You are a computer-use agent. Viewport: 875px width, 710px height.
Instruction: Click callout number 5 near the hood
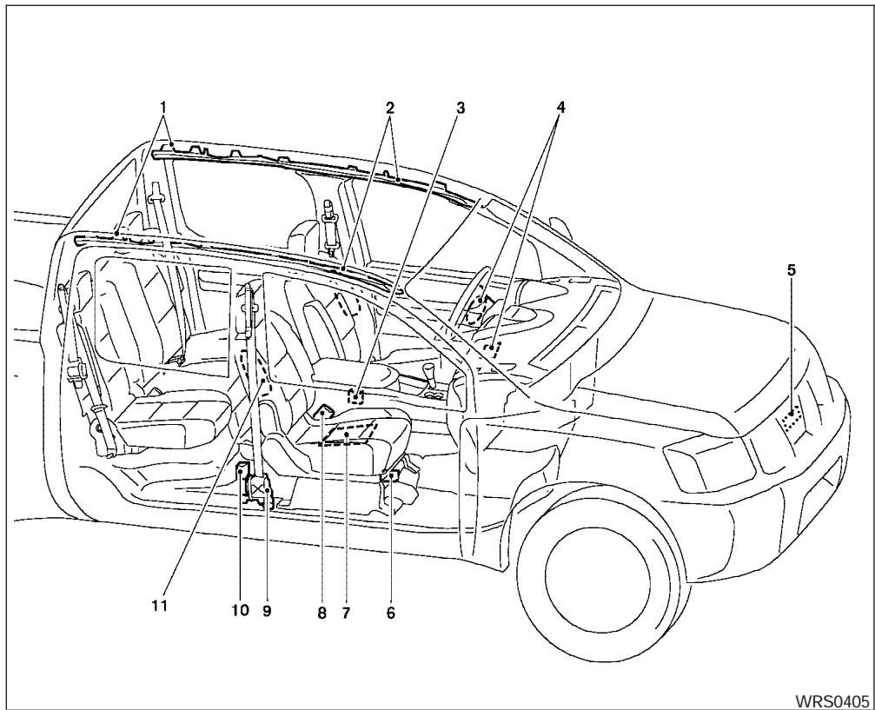click(x=791, y=269)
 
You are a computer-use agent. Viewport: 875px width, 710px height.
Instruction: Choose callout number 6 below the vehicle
click(x=390, y=612)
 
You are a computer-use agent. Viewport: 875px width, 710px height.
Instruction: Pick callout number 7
click(x=345, y=612)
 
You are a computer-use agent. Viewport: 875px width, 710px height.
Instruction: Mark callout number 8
click(x=321, y=612)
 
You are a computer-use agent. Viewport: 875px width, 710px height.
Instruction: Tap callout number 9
click(x=267, y=612)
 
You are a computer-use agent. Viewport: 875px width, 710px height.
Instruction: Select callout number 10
click(x=241, y=612)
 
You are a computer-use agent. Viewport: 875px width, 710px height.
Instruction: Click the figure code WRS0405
click(x=835, y=700)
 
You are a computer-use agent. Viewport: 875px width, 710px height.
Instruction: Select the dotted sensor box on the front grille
click(x=791, y=421)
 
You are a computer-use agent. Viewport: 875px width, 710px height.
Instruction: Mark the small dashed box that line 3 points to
click(x=355, y=396)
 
